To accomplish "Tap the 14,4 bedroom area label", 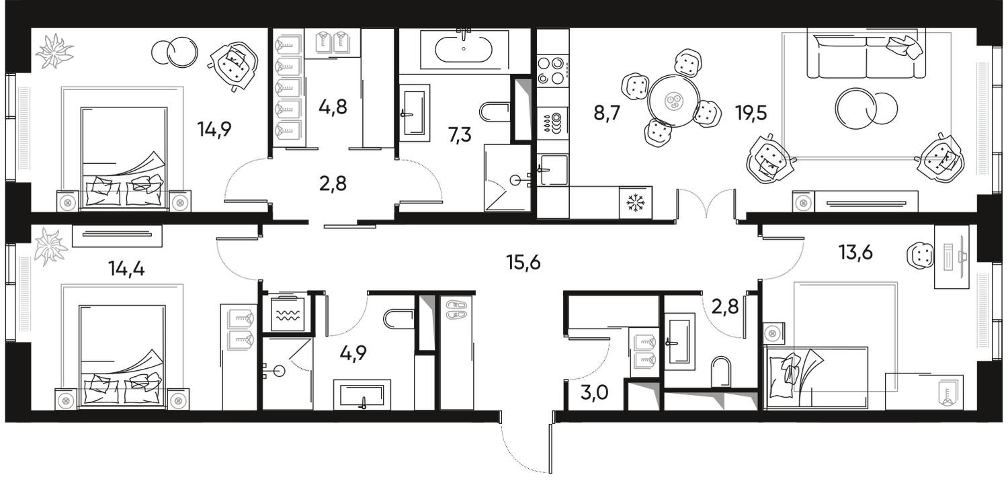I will click(126, 271).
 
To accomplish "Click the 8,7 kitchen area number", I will click(605, 115).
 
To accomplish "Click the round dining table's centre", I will click(671, 102).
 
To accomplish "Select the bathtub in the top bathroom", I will click(464, 48).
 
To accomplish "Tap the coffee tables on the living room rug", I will click(866, 107).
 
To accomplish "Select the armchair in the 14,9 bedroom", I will click(233, 64).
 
